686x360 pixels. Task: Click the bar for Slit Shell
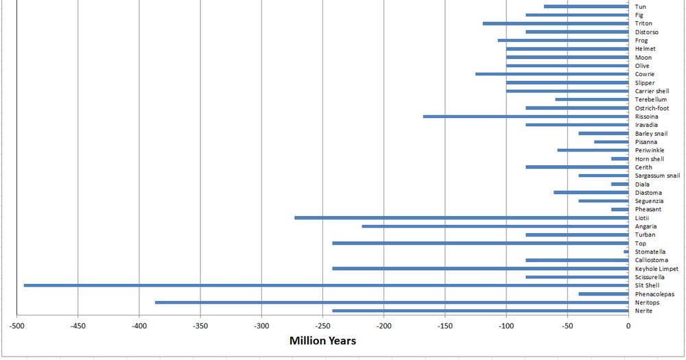[x=326, y=285]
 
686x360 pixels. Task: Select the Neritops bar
[x=391, y=302]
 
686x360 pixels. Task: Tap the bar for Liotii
[x=461, y=218]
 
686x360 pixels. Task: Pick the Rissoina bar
[x=525, y=117]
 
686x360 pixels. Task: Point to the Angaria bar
[x=495, y=226]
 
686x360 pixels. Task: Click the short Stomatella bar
[x=626, y=252]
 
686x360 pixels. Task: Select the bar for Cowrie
[x=552, y=74]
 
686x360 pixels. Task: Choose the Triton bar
[x=555, y=23]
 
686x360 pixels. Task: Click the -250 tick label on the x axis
[x=322, y=326]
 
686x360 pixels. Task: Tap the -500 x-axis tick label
[x=16, y=326]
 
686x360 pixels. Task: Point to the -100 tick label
[x=506, y=326]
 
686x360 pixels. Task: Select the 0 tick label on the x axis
[x=628, y=326]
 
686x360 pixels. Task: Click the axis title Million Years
[x=322, y=341]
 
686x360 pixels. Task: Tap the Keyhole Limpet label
[x=657, y=269]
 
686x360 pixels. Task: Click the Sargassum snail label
[x=657, y=176]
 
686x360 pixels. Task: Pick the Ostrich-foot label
[x=652, y=108]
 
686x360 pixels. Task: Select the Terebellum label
[x=650, y=99]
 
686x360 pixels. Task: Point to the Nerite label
[x=643, y=311]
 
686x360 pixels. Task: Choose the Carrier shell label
[x=652, y=91]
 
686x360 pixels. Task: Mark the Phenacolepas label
[x=654, y=294]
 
